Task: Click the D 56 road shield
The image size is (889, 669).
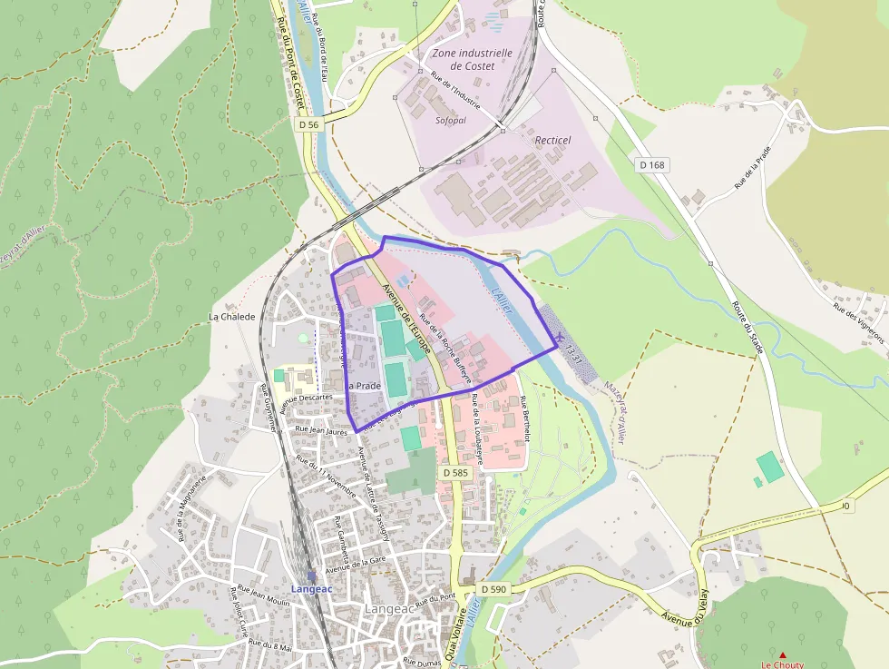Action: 308,124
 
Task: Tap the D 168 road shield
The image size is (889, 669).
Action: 651,164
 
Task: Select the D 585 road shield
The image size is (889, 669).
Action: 455,473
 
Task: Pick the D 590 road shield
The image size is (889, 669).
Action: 493,589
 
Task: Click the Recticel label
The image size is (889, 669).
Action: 552,140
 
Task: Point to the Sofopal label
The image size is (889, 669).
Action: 451,120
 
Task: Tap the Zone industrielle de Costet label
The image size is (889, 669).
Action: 472,59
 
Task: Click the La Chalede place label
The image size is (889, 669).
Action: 231,317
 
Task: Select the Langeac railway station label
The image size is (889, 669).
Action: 312,588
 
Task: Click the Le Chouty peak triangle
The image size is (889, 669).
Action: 783,654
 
